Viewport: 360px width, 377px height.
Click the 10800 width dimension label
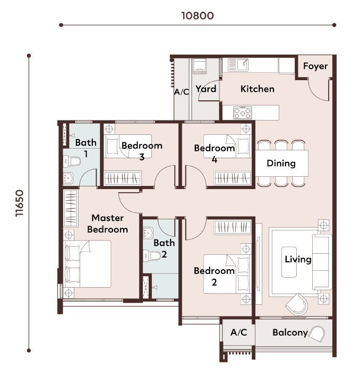[x=198, y=15]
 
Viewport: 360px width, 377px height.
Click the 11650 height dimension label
[x=20, y=203]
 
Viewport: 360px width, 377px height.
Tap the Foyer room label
[x=315, y=66]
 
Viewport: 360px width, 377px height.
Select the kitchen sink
[x=238, y=65]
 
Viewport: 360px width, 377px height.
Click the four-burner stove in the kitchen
[x=243, y=113]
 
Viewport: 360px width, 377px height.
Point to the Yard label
[x=206, y=89]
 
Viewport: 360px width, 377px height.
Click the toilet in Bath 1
[x=72, y=161]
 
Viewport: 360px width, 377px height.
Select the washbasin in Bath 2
[x=148, y=233]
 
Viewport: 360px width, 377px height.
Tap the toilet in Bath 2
[x=152, y=255]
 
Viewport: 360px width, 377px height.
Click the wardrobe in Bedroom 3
[x=123, y=178]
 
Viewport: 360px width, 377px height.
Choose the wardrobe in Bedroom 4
[x=233, y=178]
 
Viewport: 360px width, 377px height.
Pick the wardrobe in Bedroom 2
[x=233, y=227]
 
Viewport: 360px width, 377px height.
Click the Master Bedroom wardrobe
[x=71, y=208]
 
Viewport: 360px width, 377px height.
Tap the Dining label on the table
[x=281, y=163]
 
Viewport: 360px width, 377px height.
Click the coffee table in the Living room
[x=289, y=262]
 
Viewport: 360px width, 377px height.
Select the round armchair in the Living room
[x=297, y=304]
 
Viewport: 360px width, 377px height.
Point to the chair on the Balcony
[x=316, y=333]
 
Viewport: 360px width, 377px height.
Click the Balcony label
[x=290, y=332]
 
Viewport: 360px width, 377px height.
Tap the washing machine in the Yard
[x=200, y=66]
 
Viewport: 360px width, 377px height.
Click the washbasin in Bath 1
[x=68, y=178]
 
